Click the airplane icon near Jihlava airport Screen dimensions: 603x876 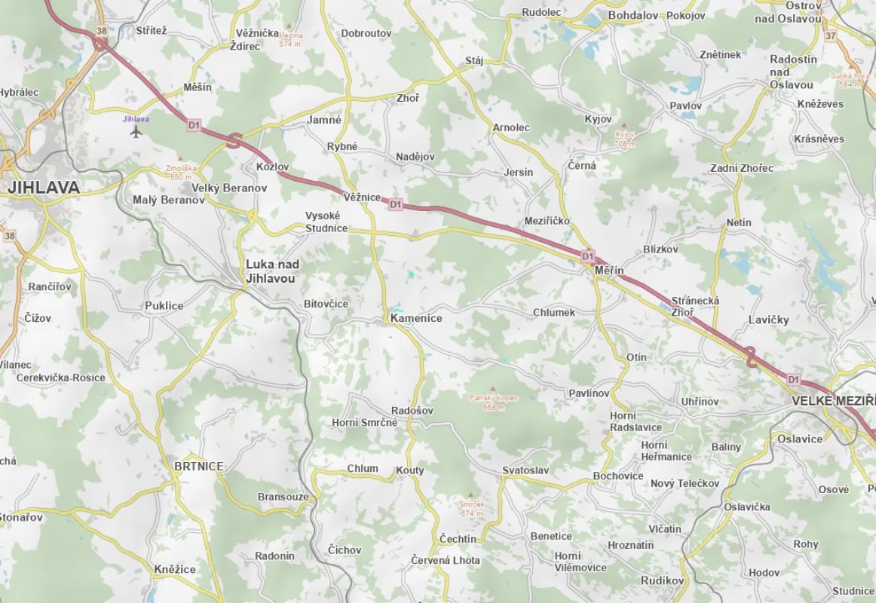coord(136,132)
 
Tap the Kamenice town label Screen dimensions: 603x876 coord(416,319)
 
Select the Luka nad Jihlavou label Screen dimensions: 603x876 coord(272,271)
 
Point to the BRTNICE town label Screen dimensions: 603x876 coord(199,467)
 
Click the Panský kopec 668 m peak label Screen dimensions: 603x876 coord(493,401)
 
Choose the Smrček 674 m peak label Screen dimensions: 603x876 coord(471,509)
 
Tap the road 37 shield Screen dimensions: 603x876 coord(830,36)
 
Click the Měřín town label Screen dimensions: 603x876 coord(609,270)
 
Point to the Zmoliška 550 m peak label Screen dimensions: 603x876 coord(180,172)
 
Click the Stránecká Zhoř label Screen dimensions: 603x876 coord(695,306)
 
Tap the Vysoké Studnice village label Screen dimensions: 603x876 coord(326,222)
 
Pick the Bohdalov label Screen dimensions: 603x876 coord(633,15)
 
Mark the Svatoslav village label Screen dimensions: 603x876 coord(525,470)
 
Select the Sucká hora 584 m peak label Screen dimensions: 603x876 coord(850,80)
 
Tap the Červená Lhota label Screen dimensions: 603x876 coord(446,561)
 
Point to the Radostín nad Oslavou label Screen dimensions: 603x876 coord(793,72)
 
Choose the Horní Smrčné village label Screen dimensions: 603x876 coord(364,423)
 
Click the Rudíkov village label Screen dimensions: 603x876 coord(662,580)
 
